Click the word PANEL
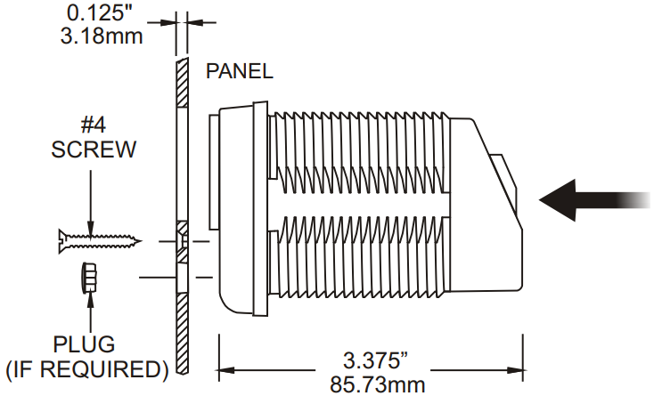[x=240, y=71]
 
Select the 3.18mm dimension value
[x=102, y=36]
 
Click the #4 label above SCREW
[x=93, y=125]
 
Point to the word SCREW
[x=94, y=150]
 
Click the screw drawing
[x=100, y=241]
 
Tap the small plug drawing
[x=88, y=278]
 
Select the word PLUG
[x=84, y=344]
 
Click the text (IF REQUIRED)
[x=86, y=369]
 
